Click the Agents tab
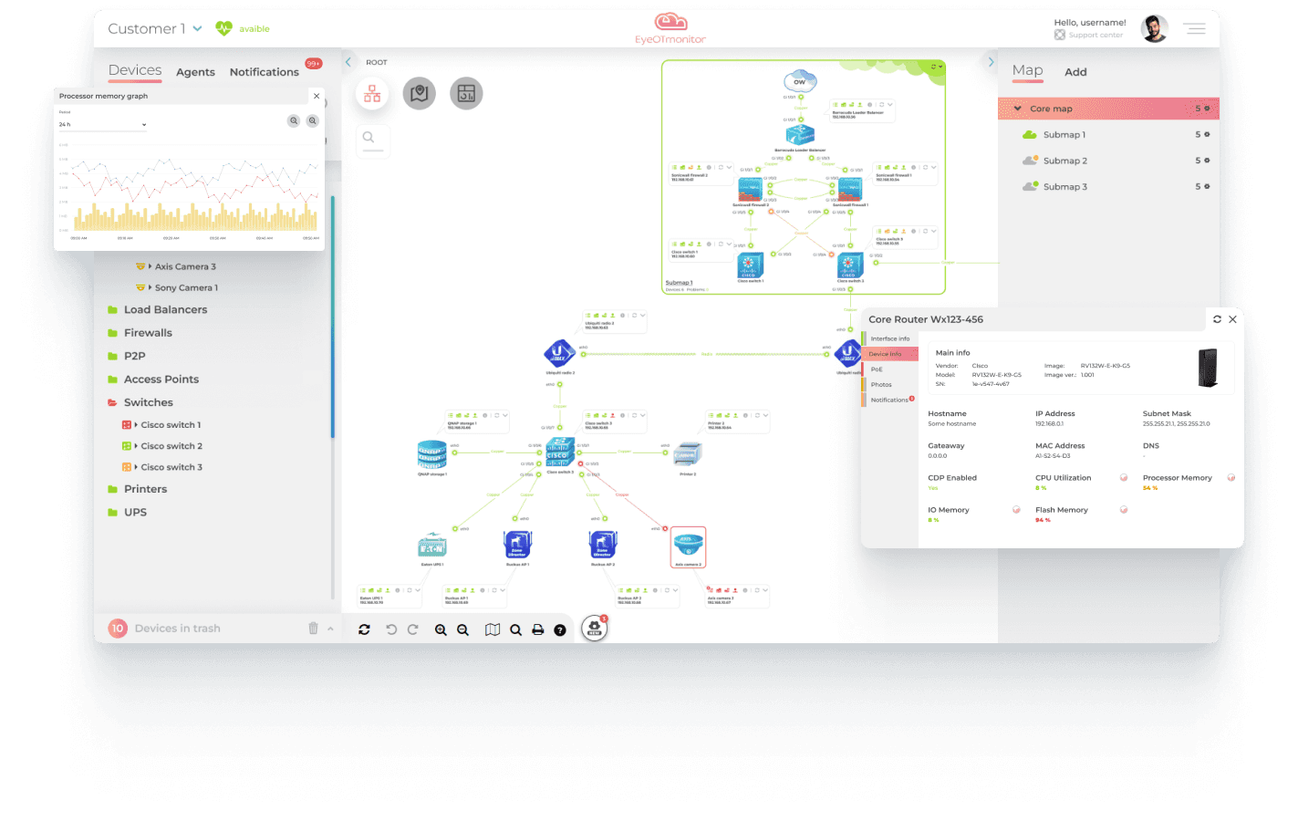[x=195, y=72]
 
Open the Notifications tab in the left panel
[x=264, y=72]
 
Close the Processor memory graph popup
[x=317, y=96]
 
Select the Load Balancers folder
[x=165, y=310]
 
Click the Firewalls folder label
[x=148, y=333]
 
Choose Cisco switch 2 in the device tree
[x=171, y=446]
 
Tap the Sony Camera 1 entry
[x=186, y=287]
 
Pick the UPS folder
[x=135, y=513]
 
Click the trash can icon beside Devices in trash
[x=313, y=629]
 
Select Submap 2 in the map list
[x=1064, y=161]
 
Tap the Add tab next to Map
[x=1075, y=72]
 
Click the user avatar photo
[x=1154, y=29]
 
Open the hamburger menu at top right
[x=1195, y=29]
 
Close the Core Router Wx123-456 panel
[x=1232, y=319]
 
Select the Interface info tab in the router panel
[x=889, y=338]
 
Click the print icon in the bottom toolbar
[x=538, y=629]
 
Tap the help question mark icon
[x=560, y=629]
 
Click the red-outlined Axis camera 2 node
[x=688, y=546]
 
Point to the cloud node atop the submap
[x=800, y=80]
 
